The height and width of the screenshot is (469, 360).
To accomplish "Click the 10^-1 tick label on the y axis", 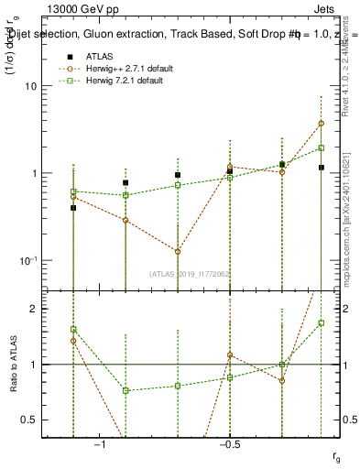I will pyautogui.click(x=29, y=260).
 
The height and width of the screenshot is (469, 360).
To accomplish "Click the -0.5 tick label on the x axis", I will pyautogui.click(x=229, y=444).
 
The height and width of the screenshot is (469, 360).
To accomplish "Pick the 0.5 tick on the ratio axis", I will pyautogui.click(x=35, y=420).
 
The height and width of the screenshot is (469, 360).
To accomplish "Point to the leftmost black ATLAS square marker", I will pyautogui.click(x=73, y=208).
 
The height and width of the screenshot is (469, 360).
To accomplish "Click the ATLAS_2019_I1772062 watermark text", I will pyautogui.click(x=191, y=273).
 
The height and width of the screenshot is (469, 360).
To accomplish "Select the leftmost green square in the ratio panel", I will pyautogui.click(x=73, y=329).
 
